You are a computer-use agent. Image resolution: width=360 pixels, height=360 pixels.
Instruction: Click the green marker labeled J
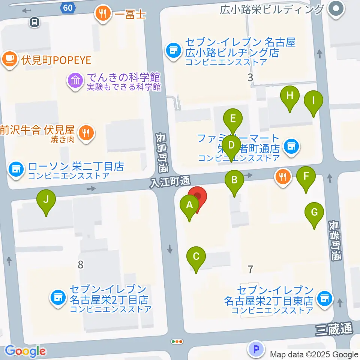pyautogui.click(x=46, y=200)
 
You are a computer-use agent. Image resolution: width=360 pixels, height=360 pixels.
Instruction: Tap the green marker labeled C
pyautogui.click(x=196, y=257)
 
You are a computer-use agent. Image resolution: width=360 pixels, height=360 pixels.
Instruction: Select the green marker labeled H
pyautogui.click(x=289, y=96)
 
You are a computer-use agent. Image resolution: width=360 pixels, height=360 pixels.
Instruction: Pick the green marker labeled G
pyautogui.click(x=314, y=213)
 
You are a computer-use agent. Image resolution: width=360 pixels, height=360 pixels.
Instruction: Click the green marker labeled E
pyautogui.click(x=233, y=119)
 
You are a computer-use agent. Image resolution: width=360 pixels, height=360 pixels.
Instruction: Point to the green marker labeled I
pyautogui.click(x=313, y=101)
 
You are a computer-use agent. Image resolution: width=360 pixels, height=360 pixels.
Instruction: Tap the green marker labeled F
pyautogui.click(x=306, y=176)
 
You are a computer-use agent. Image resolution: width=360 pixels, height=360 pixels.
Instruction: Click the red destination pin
pyautogui.click(x=197, y=198)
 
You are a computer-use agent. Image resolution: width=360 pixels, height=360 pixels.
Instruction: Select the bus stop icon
pyautogui.click(x=34, y=22)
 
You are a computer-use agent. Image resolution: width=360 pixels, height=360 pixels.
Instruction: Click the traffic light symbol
pyautogui.click(x=177, y=342)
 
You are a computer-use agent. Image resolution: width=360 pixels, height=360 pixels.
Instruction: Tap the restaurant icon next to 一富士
pyautogui.click(x=103, y=15)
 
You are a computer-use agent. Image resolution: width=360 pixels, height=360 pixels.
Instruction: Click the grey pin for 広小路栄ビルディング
pyautogui.click(x=336, y=9)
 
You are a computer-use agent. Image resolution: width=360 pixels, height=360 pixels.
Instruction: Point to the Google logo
pyautogui.click(x=25, y=351)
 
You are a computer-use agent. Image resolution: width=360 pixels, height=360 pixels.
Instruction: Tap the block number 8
pyautogui.click(x=80, y=265)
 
